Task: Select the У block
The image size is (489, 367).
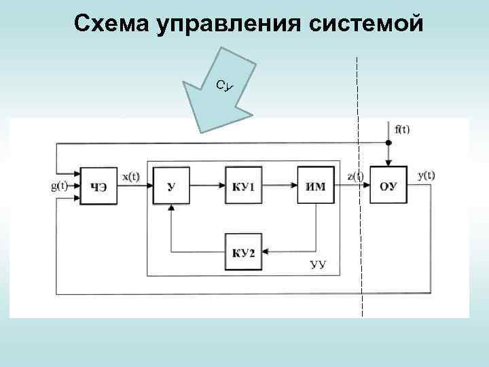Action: (171, 185)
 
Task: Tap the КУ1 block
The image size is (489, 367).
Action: (243, 185)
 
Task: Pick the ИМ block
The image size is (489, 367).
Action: (316, 185)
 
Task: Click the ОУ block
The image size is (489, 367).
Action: (388, 185)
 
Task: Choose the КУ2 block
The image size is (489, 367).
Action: (243, 252)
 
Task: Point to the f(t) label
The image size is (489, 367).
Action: (402, 129)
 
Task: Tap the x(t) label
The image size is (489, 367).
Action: (131, 177)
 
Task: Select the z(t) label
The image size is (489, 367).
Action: (355, 177)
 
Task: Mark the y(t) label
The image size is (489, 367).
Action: (427, 175)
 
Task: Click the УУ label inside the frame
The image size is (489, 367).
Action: (318, 264)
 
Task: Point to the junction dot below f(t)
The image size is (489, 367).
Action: (388, 143)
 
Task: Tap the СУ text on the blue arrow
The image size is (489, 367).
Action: (225, 85)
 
